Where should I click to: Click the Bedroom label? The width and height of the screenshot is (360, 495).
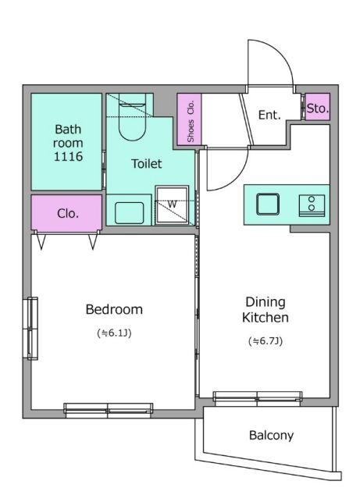(114, 309)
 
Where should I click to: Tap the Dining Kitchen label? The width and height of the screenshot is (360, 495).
(266, 310)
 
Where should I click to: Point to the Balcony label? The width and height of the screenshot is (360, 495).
(271, 436)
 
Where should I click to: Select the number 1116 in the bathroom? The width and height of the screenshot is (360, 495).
(68, 156)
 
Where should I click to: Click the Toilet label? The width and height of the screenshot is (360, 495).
(147, 163)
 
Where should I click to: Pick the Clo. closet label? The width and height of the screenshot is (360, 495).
(68, 214)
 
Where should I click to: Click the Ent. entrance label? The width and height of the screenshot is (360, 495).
(269, 115)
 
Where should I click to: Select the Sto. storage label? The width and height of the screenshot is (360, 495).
(318, 109)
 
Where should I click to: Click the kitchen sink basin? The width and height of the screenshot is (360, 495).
(268, 205)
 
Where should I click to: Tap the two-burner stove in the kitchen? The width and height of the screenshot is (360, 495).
(312, 205)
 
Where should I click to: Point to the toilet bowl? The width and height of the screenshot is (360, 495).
(132, 120)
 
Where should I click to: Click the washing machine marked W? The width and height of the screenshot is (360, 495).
(172, 205)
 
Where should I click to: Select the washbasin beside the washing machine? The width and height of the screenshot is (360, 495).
(129, 213)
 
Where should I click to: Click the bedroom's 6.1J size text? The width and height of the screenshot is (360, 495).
(114, 333)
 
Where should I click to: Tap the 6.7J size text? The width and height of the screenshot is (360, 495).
(266, 341)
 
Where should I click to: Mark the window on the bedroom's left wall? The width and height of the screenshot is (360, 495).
(30, 329)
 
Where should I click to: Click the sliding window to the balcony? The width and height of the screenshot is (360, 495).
(258, 399)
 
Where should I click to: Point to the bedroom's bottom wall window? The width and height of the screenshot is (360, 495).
(108, 411)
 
